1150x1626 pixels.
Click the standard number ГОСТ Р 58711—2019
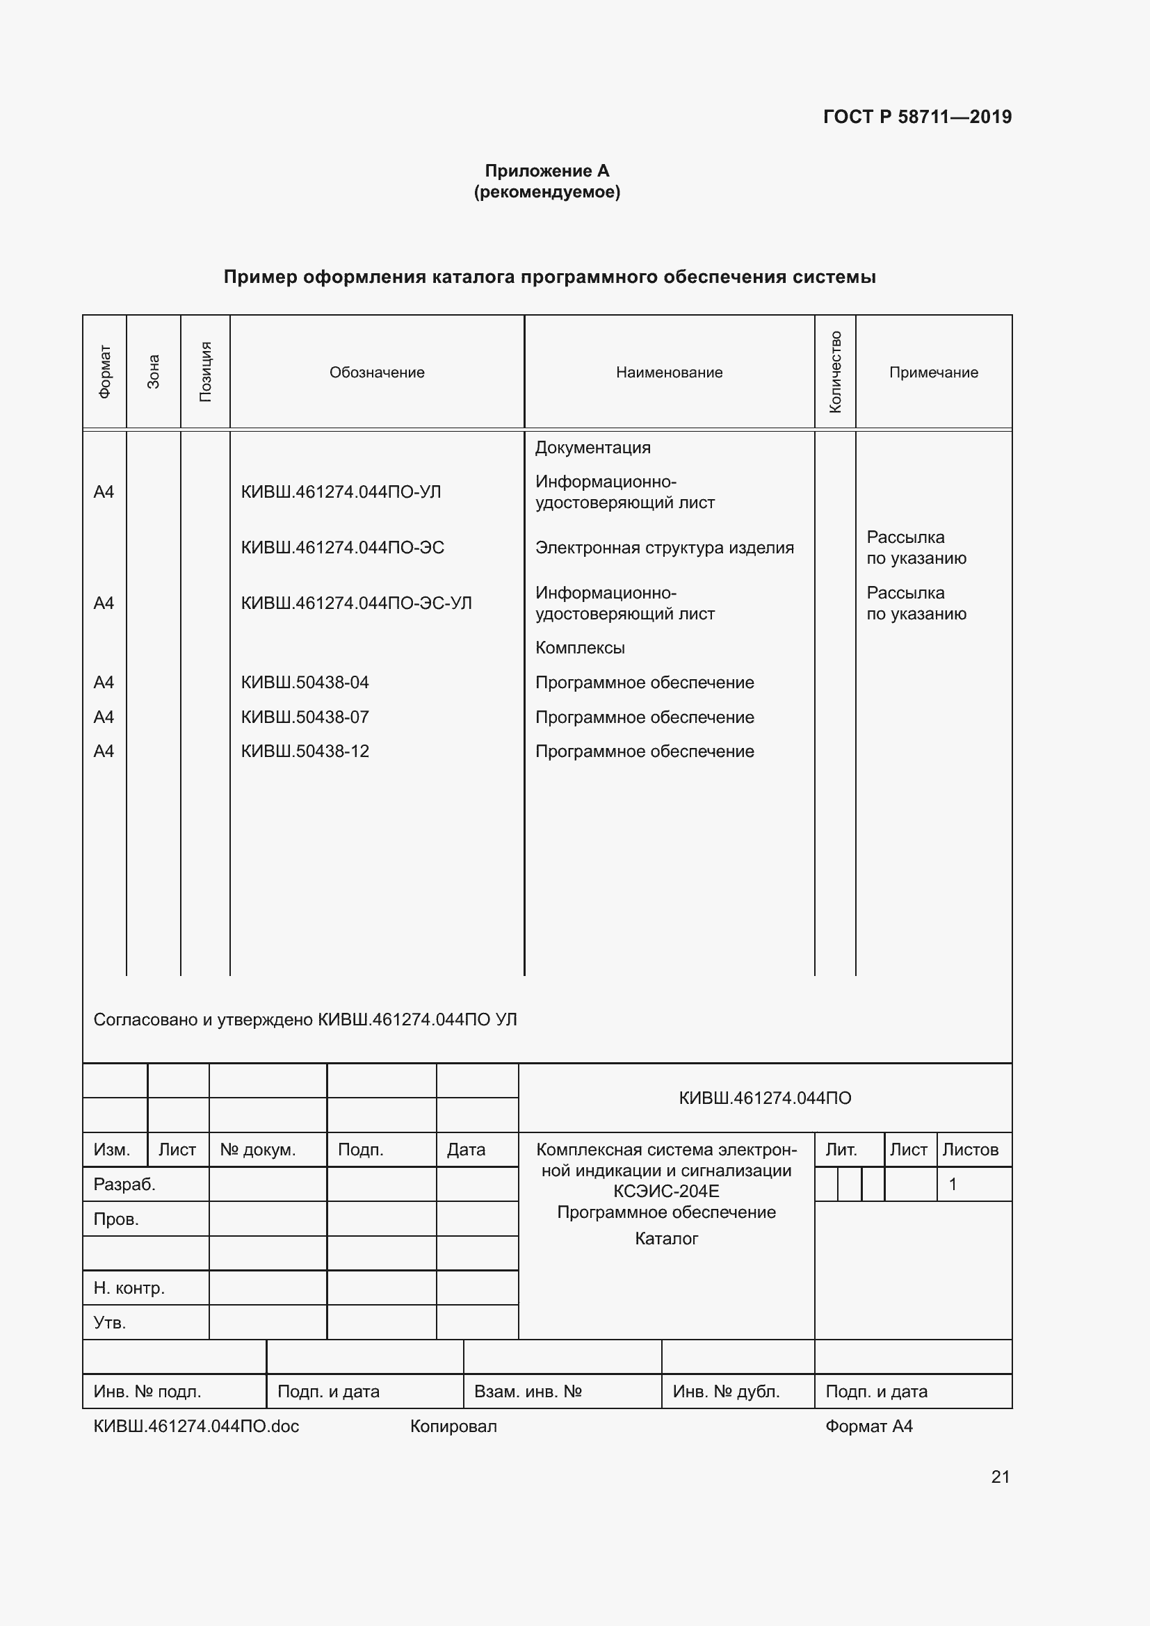[917, 117]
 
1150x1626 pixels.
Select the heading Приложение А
[546, 171]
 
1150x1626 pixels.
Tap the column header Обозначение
[377, 373]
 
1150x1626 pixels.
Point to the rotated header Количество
[835, 372]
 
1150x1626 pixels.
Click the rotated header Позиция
[205, 372]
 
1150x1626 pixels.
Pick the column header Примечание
[933, 373]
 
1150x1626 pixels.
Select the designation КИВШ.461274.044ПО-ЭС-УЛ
[356, 603]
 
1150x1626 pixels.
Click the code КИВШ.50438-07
[305, 717]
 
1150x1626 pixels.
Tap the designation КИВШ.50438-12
[305, 751]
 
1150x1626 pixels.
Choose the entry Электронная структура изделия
[664, 548]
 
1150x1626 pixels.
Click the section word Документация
[592, 448]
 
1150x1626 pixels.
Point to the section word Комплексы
[580, 648]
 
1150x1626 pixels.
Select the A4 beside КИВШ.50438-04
[104, 683]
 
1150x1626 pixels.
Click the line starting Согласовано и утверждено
[305, 1020]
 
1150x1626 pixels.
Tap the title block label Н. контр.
[129, 1288]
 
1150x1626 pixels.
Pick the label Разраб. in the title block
[124, 1185]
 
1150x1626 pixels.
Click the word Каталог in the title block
[666, 1239]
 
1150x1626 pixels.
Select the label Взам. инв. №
[528, 1392]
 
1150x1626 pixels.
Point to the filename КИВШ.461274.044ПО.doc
[196, 1426]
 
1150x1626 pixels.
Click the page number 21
[1000, 1477]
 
